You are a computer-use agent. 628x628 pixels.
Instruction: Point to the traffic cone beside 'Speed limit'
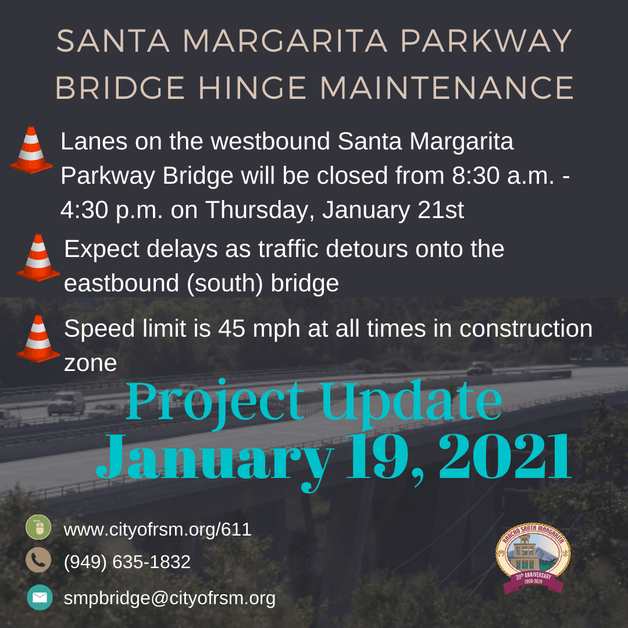click(38, 338)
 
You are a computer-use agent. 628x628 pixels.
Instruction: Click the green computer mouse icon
click(38, 528)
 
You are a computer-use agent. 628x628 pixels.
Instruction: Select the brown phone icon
click(38, 560)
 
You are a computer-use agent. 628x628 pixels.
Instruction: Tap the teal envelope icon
click(40, 597)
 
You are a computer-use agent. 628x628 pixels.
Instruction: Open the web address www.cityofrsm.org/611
click(157, 530)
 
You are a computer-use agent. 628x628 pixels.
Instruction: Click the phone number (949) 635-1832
click(127, 562)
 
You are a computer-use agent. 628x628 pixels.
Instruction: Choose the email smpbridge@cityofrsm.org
click(169, 598)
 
